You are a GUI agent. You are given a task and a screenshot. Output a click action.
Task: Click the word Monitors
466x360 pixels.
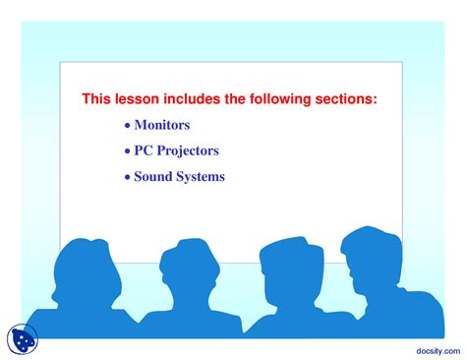(x=162, y=126)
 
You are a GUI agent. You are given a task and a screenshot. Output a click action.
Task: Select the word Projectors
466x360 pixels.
(x=187, y=151)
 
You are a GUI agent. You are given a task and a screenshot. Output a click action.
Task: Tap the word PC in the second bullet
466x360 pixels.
(x=144, y=151)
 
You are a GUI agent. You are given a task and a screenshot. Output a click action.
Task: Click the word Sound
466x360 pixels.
(x=154, y=177)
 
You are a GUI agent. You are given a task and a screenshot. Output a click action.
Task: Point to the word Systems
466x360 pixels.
(x=202, y=177)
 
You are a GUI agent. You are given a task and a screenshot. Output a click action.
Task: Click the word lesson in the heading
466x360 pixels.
(x=131, y=99)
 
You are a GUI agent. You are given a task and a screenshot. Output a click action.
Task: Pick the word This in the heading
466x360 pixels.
(x=95, y=99)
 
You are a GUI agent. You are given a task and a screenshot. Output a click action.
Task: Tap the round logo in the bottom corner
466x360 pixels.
(x=21, y=339)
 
